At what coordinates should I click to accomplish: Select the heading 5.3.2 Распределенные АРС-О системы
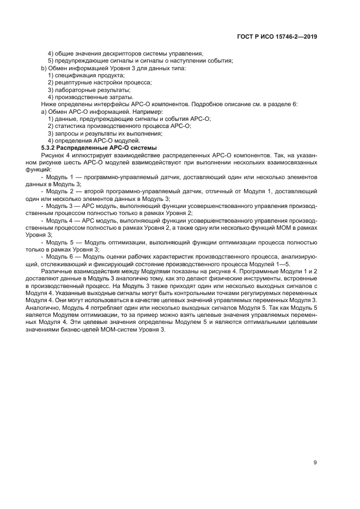[x=99, y=148]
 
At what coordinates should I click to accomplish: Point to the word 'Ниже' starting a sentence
[x=49, y=104]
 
